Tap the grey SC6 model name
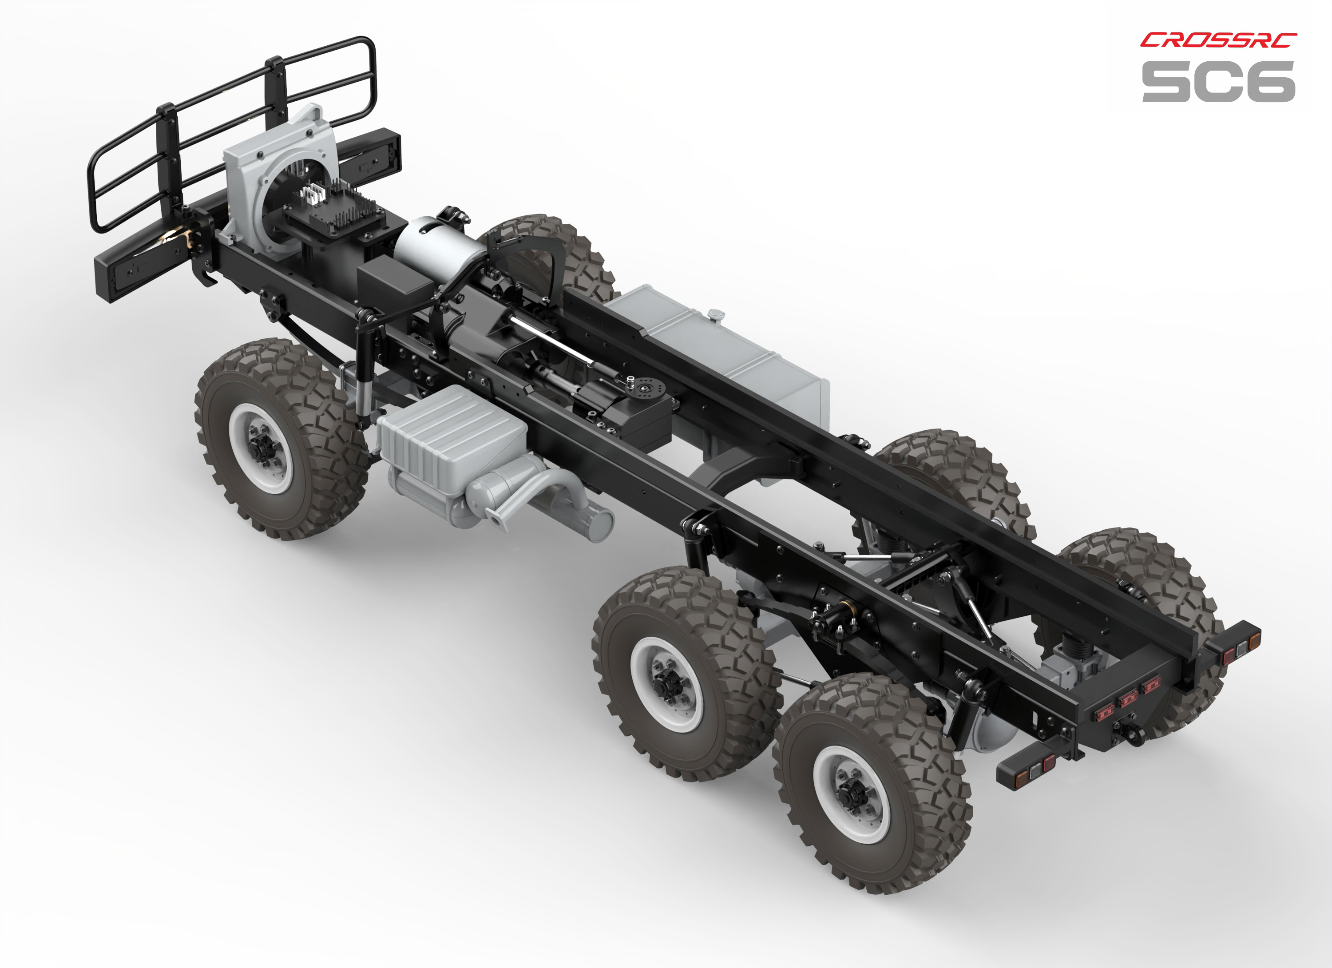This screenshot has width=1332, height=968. pyautogui.click(x=1219, y=82)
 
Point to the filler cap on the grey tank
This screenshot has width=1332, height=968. pyautogui.click(x=715, y=315)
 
